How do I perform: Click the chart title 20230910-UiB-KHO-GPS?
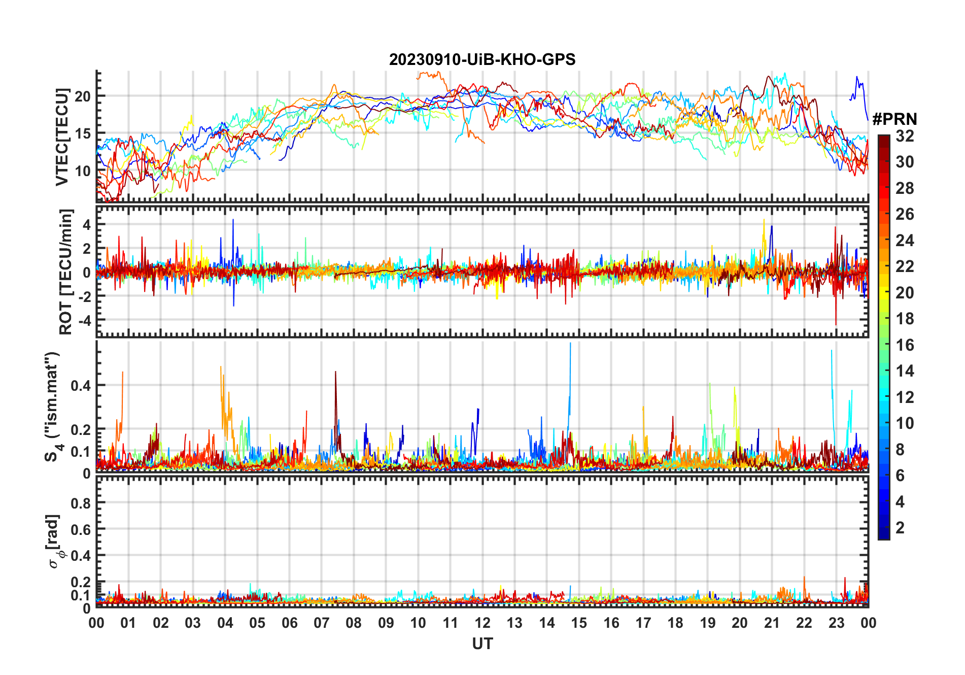pyautogui.click(x=482, y=60)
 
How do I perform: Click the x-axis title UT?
pyautogui.click(x=482, y=644)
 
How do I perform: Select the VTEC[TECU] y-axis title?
pyautogui.click(x=62, y=137)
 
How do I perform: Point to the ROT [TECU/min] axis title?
pyautogui.click(x=66, y=272)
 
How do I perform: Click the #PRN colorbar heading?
pyautogui.click(x=894, y=119)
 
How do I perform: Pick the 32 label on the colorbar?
pyautogui.click(x=905, y=136)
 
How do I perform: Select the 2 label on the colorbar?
pyautogui.click(x=900, y=528)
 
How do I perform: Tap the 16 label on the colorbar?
pyautogui.click(x=905, y=345)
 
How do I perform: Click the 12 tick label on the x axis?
pyautogui.click(x=482, y=623)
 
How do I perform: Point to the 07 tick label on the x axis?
pyautogui.click(x=322, y=623)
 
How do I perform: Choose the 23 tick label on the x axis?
pyautogui.click(x=836, y=623)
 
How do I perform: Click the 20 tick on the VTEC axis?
pyautogui.click(x=83, y=96)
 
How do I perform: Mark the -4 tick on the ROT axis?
pyautogui.click(x=84, y=320)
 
